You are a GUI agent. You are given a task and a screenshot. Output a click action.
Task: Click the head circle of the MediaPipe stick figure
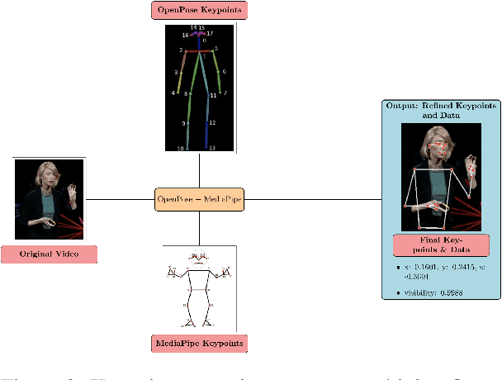coord(197,255)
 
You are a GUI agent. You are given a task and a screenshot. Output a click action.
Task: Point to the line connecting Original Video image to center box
coord(120,200)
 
